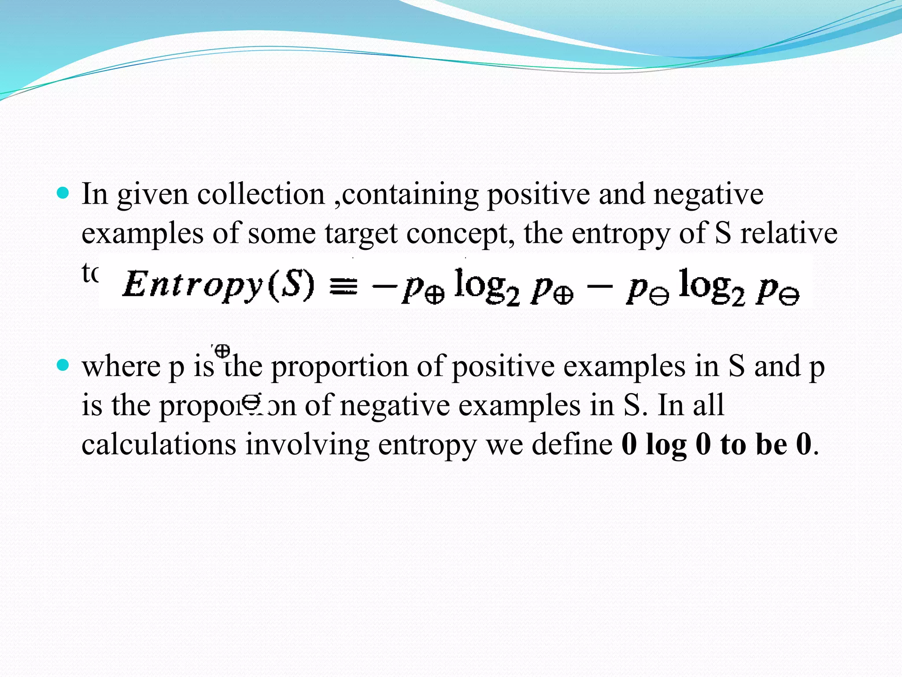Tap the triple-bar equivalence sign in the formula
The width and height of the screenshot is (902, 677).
click(x=343, y=286)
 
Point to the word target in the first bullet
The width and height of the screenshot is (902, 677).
click(x=361, y=234)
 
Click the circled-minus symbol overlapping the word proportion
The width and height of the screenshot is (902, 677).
click(x=251, y=401)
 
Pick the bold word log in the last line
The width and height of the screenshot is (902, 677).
click(x=665, y=445)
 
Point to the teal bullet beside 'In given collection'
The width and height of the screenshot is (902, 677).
click(x=63, y=193)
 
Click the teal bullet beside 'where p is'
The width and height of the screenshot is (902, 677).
click(x=63, y=365)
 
